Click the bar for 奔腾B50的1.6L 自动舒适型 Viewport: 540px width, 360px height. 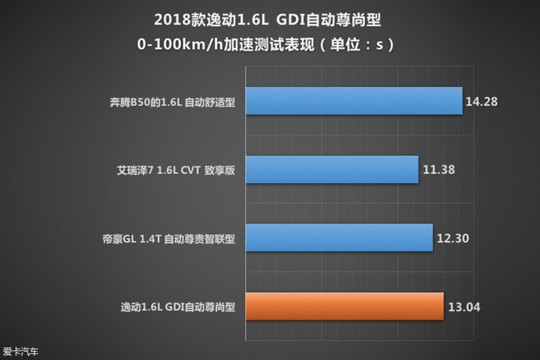pos(353,101)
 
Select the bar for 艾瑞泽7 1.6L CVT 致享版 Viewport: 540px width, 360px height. pos(331,170)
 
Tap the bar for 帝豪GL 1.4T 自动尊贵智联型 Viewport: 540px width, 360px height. pos(338,238)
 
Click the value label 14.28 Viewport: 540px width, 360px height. pos(481,101)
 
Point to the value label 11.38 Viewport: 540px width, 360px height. pos(439,170)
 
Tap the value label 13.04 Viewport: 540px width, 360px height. pos(464,308)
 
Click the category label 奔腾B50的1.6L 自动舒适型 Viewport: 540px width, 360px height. pos(168,102)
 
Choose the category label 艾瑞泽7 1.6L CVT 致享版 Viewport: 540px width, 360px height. pos(176,170)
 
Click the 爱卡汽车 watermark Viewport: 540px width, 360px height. pos(20,352)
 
